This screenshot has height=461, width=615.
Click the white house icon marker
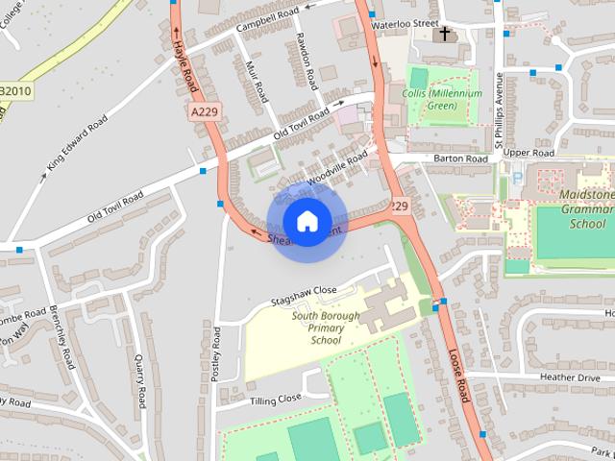[x=307, y=222]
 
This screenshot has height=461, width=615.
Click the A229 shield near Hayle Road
[x=204, y=112]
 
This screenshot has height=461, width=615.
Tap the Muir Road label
[x=256, y=82]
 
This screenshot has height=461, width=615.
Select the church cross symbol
[x=443, y=35]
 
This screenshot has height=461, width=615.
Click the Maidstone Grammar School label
[x=587, y=209]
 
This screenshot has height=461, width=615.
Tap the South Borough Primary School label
[x=326, y=328]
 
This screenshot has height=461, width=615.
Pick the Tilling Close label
[x=276, y=398]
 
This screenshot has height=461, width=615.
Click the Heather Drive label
[x=570, y=377]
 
